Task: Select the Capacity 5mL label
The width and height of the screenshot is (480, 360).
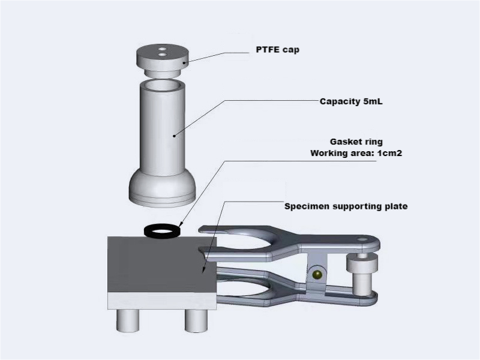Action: tap(351, 101)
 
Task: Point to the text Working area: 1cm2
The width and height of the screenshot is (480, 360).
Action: tap(355, 153)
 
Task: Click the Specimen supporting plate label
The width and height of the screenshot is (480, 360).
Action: tap(346, 206)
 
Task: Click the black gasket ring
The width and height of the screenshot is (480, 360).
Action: tap(162, 230)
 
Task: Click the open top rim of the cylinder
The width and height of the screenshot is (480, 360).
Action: tap(161, 85)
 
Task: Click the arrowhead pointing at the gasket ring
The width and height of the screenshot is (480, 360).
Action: tap(181, 224)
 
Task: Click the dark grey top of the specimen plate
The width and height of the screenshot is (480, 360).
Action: tap(156, 264)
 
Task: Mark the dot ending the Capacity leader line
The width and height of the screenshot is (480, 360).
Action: tap(175, 136)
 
